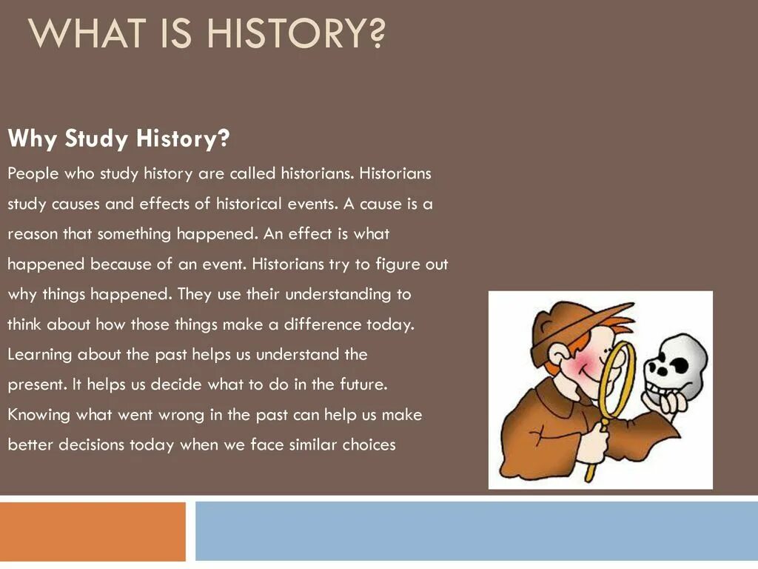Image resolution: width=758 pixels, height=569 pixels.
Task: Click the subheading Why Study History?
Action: (118, 138)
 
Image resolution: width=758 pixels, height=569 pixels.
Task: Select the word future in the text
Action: (363, 385)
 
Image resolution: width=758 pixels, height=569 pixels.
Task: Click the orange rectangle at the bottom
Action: (93, 531)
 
